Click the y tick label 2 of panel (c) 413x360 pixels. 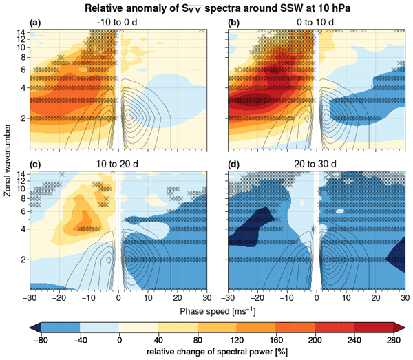coord(23,260)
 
